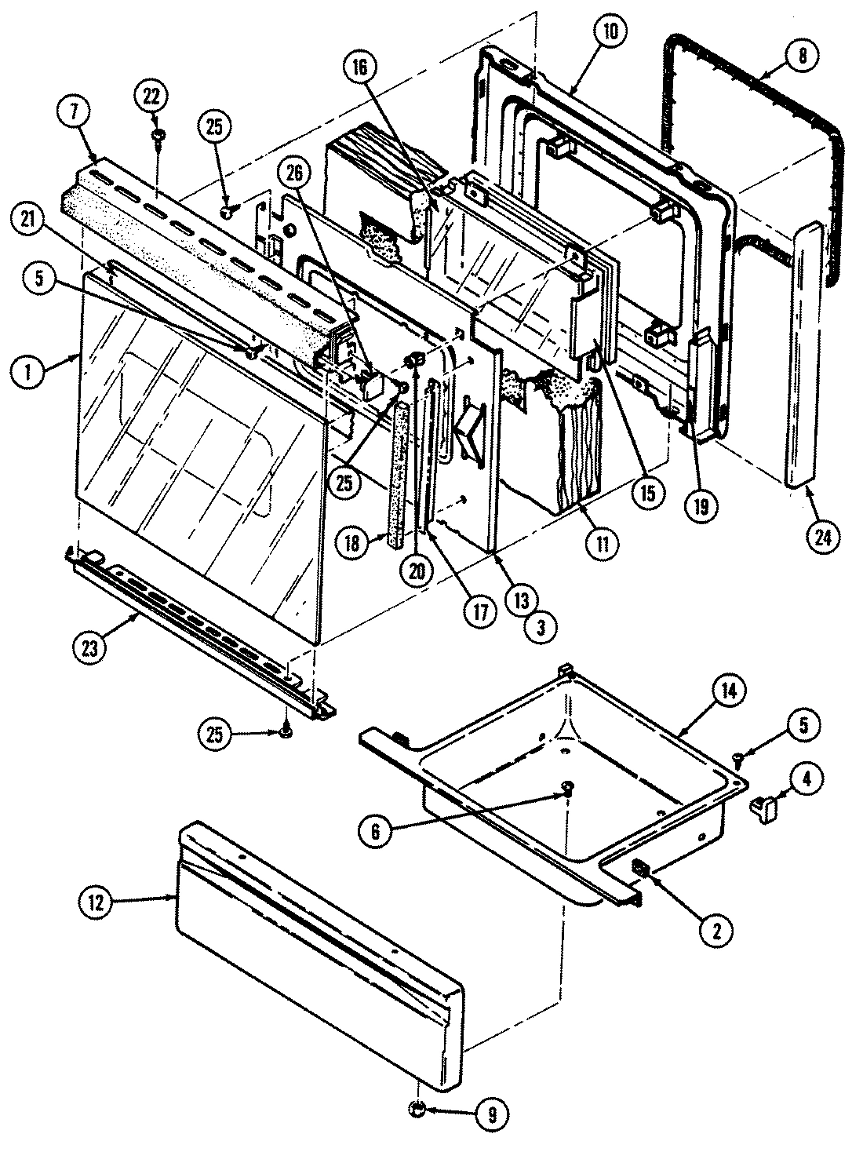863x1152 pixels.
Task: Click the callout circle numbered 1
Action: (x=29, y=374)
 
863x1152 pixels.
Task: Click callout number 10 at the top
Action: (x=611, y=32)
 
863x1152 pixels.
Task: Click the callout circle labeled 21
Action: (x=29, y=226)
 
